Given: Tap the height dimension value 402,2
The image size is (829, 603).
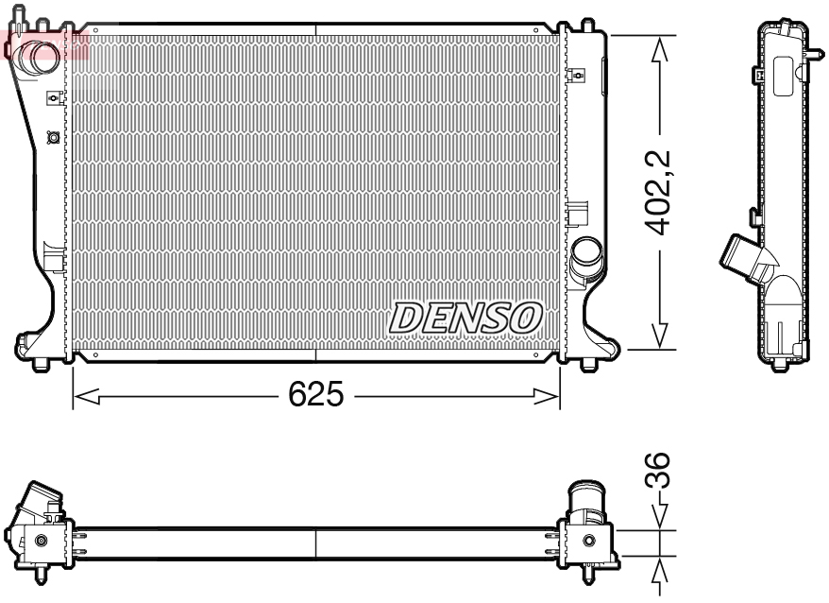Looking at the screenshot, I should click(658, 192).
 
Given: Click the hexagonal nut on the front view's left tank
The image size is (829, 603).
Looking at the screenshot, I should click(53, 138).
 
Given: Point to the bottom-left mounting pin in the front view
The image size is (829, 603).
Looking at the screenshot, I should click(42, 365).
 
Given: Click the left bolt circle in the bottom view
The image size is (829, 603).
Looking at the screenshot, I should click(40, 542).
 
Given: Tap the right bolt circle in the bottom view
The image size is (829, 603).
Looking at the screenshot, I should click(589, 542).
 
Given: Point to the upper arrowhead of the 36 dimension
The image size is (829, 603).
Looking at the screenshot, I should click(658, 518).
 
